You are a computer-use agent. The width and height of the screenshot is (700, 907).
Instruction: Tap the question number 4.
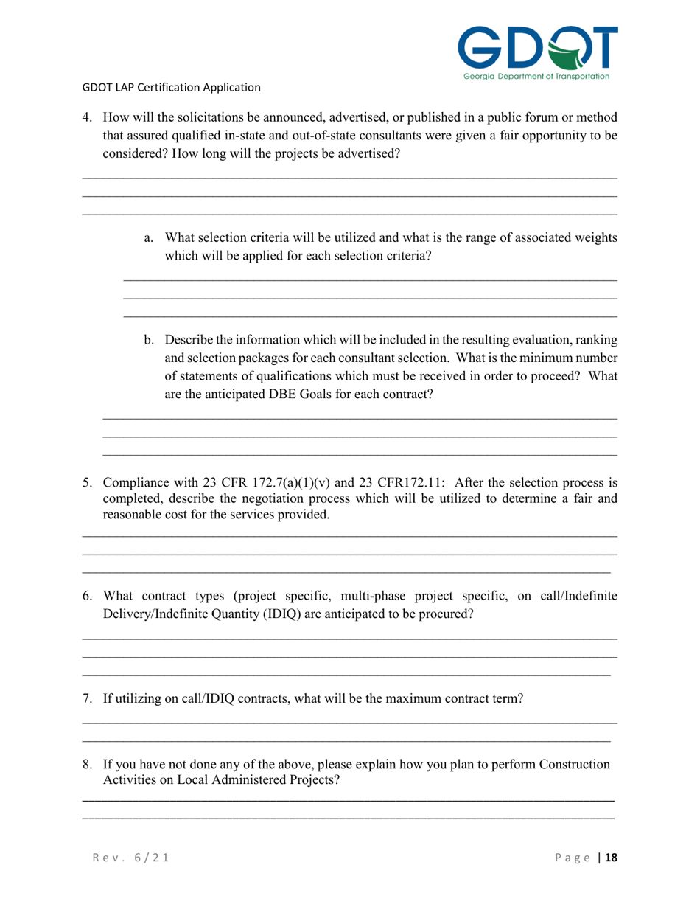(86, 117)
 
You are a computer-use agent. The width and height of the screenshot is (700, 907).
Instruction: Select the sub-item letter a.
(148, 238)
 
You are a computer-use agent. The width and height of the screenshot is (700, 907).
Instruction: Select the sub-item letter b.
(148, 341)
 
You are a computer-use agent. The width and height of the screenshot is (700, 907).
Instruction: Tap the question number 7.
(86, 698)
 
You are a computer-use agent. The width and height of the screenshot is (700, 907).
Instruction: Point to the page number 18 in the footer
(610, 858)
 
